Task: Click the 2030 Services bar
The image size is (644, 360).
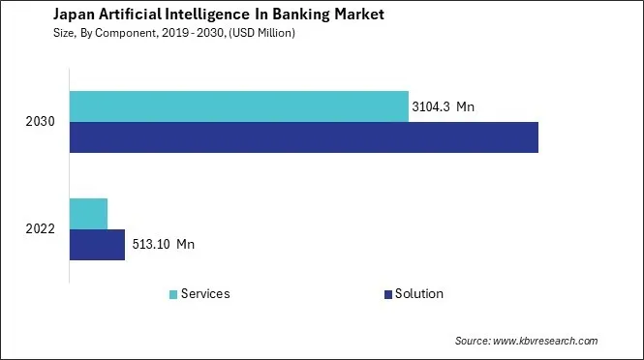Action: (238, 106)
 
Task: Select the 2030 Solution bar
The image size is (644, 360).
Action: (303, 137)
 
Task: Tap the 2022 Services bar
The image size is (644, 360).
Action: (88, 213)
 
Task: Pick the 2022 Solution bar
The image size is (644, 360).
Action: (97, 245)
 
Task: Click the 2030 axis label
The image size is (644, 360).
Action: (42, 123)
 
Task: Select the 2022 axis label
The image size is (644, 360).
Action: (42, 229)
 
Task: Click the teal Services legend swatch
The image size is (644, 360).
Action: (173, 294)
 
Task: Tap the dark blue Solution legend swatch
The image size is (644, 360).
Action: (387, 294)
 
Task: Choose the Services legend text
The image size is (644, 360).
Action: (205, 294)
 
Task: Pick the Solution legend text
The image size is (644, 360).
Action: (418, 294)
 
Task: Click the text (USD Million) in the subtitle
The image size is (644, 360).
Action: (263, 33)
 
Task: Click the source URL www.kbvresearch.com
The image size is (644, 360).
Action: (546, 341)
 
